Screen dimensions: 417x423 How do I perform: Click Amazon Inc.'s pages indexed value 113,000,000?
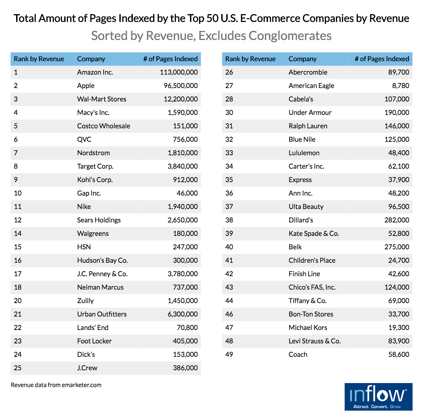point(179,72)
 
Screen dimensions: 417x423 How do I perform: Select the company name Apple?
point(86,86)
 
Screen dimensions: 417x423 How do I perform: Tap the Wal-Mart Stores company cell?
point(102,99)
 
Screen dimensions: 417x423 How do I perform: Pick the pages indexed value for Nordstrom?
point(183,153)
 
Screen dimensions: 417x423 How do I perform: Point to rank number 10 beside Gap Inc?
point(18,193)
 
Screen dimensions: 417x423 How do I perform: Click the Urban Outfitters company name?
point(102,314)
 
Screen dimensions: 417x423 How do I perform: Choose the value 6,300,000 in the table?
point(183,314)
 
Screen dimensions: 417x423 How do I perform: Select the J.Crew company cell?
point(87,368)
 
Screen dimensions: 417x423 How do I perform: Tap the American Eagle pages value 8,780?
point(400,86)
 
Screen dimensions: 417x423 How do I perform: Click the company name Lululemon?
point(304,153)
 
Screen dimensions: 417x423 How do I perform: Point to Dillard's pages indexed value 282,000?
point(397,220)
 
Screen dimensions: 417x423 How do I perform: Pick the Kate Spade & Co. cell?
point(314,234)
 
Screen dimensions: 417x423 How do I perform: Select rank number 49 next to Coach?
point(229,355)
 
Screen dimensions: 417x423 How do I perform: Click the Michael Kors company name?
point(308,328)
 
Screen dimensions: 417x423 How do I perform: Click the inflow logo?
point(378,397)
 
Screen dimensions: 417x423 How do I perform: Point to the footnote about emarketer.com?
point(56,385)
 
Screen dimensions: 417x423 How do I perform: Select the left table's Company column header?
point(91,59)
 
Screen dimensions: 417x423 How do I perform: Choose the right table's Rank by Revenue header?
point(250,59)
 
